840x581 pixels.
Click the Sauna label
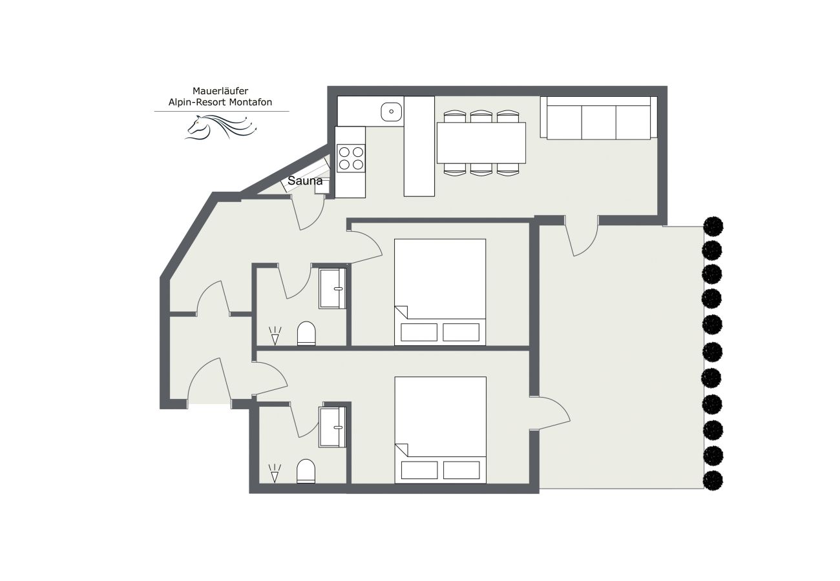coord(305,181)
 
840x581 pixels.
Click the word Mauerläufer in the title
coord(221,91)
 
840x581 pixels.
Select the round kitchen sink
coord(390,112)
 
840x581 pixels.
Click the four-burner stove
coord(350,158)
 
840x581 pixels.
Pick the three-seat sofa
coord(598,119)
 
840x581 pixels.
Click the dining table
coord(481,143)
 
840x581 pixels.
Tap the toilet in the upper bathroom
coord(306,334)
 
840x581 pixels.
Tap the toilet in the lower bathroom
coord(306,471)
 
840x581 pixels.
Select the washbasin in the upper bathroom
coord(333,288)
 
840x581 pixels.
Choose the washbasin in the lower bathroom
coord(333,427)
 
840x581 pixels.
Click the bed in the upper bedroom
coord(439,292)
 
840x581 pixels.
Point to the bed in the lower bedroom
coord(440,429)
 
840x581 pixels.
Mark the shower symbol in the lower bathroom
coord(275,473)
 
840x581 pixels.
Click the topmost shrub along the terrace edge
coord(713,227)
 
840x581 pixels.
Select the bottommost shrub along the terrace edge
coord(713,480)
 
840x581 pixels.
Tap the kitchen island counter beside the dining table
coord(419,147)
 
